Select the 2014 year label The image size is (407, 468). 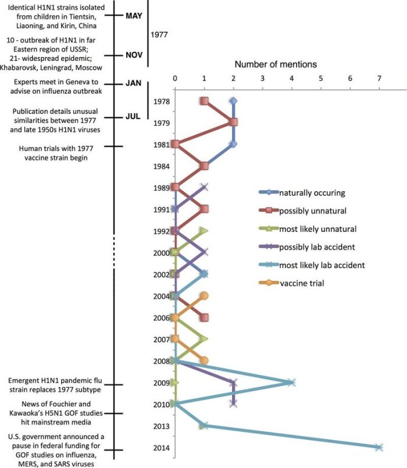pyautogui.click(x=162, y=448)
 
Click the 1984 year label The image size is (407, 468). pyautogui.click(x=162, y=167)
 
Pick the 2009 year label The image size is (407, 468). pyautogui.click(x=162, y=383)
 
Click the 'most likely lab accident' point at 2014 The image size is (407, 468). pyautogui.click(x=379, y=447)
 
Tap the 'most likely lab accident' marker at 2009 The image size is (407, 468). pyautogui.click(x=292, y=383)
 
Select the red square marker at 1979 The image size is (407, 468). pyautogui.click(x=233, y=122)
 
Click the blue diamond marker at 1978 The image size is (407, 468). pyautogui.click(x=233, y=101)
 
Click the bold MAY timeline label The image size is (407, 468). pyautogui.click(x=134, y=16)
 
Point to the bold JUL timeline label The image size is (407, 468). pyautogui.click(x=133, y=116)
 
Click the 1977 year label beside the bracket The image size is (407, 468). pyautogui.click(x=159, y=35)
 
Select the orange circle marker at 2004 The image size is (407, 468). pyautogui.click(x=204, y=296)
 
